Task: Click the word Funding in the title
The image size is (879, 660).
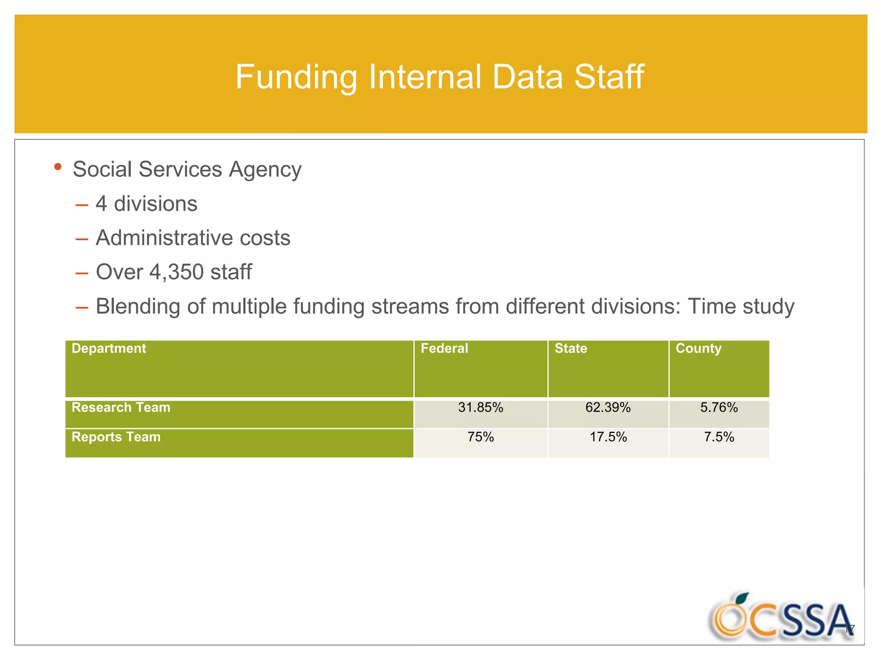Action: click(x=296, y=77)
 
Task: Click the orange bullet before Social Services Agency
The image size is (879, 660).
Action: click(x=58, y=167)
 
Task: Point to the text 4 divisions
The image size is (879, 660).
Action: click(x=146, y=204)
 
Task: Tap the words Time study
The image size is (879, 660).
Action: click(x=741, y=306)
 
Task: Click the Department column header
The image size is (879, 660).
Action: click(x=109, y=348)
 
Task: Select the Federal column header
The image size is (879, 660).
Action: click(x=444, y=348)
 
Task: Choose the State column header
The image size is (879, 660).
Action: click(x=571, y=348)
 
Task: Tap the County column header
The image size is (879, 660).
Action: click(x=698, y=348)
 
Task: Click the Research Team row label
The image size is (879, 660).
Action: click(x=121, y=407)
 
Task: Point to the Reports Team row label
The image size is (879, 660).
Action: click(x=116, y=437)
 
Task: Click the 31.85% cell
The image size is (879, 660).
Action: click(x=480, y=407)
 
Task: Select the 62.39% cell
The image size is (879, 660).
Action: click(x=608, y=407)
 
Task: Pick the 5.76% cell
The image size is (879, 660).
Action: click(x=719, y=407)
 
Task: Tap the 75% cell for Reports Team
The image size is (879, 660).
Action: click(x=480, y=437)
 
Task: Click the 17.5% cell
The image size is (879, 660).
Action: click(x=608, y=437)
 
